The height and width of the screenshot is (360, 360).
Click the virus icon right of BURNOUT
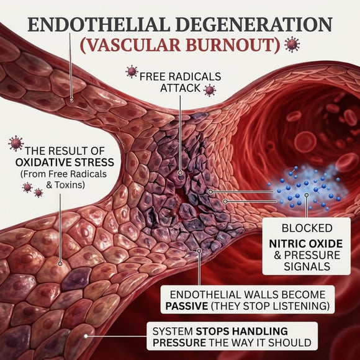(x=292, y=44)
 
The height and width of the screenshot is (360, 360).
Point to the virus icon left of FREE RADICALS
(x=132, y=71)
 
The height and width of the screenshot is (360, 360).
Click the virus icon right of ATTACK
(x=210, y=90)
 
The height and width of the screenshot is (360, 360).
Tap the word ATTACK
(x=180, y=88)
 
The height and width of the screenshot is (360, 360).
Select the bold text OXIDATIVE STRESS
(x=65, y=163)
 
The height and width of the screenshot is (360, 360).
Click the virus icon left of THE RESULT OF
(x=16, y=143)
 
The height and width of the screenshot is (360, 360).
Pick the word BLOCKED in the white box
(x=307, y=228)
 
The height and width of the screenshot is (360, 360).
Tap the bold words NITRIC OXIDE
(x=306, y=243)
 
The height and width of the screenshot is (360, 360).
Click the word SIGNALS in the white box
(x=307, y=266)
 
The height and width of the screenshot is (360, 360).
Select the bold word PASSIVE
(x=186, y=306)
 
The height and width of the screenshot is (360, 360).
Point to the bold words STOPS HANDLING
(x=242, y=331)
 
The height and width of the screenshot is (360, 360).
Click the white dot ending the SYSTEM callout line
(x=86, y=336)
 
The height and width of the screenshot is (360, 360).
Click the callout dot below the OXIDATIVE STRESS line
(x=60, y=264)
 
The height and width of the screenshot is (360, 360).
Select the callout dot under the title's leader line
(x=71, y=100)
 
